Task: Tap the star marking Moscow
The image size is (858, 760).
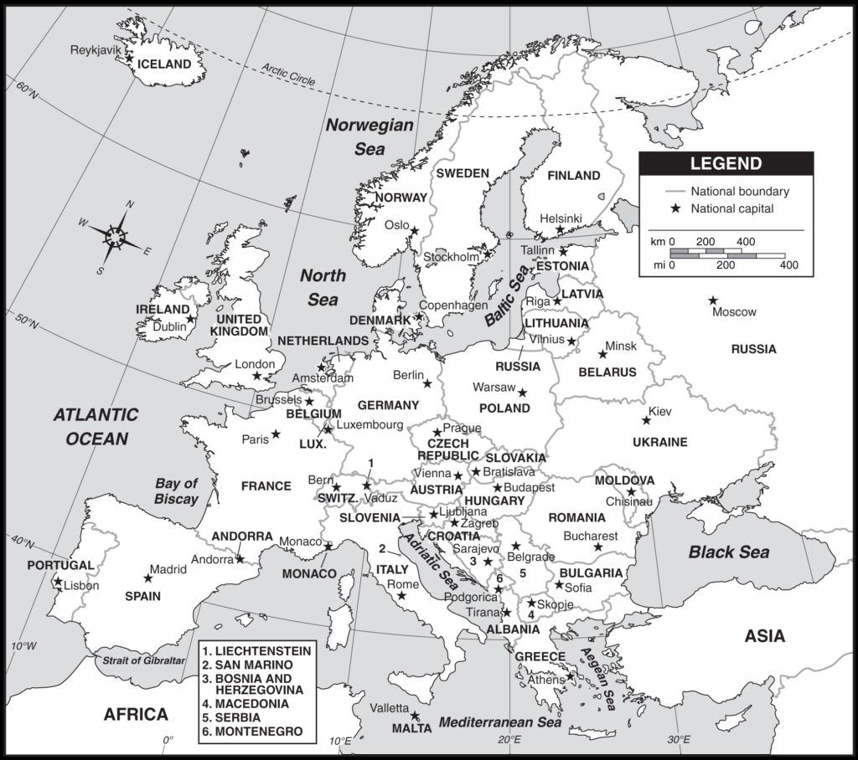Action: pos(713,300)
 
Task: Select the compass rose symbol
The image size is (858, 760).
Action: pos(116,236)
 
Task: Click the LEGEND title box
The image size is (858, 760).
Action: pos(726,164)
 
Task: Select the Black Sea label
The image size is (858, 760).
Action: pos(728,552)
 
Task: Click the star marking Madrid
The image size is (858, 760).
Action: pos(148,578)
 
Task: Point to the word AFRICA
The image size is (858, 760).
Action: pos(136,714)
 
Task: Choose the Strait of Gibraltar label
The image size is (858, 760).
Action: pos(143,660)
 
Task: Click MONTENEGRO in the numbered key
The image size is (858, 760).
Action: pos(253,731)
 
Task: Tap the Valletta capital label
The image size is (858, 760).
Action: pos(390,708)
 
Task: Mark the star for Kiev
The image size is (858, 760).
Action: pos(644,421)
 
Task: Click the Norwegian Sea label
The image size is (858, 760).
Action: pos(370,137)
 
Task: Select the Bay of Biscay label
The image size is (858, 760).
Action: pos(176,491)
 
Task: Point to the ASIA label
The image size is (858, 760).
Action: pos(765,637)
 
